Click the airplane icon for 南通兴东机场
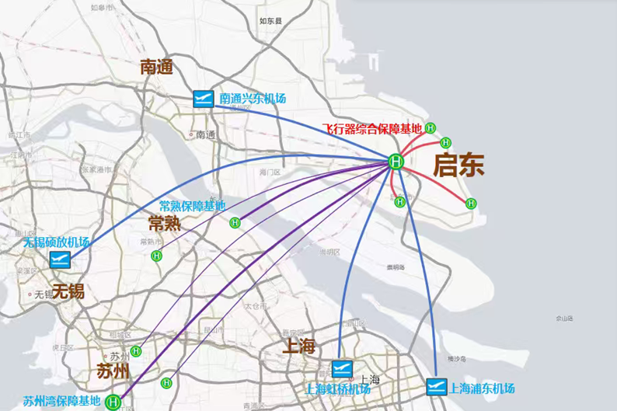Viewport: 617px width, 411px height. [x=203, y=99]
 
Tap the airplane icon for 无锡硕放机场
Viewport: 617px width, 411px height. [x=60, y=259]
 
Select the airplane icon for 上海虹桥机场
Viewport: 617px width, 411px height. [x=342, y=369]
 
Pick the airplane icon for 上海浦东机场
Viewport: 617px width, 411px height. [x=437, y=386]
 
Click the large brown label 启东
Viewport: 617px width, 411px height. [x=458, y=165]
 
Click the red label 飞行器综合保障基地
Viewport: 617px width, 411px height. [x=372, y=128]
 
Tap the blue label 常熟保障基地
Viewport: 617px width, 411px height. [x=192, y=206]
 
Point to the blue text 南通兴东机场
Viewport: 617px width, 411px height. [x=253, y=99]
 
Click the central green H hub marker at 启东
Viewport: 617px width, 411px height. [x=396, y=162]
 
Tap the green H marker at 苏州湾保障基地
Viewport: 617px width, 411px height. [x=113, y=402]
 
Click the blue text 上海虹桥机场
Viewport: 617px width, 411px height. [x=337, y=388]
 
